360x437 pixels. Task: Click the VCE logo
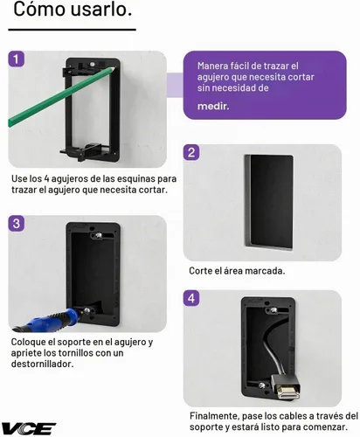29,428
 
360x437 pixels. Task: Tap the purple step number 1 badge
16,59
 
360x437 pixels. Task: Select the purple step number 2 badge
191,152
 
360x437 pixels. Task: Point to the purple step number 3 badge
17,224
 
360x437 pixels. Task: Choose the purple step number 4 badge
191,298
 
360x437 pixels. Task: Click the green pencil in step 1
62,96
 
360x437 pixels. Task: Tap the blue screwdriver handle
50,320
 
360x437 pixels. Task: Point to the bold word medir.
213,107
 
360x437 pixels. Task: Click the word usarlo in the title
101,9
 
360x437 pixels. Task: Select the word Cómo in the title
39,9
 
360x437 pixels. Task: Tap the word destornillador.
43,364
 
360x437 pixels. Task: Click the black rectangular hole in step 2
269,203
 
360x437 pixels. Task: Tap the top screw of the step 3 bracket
98,235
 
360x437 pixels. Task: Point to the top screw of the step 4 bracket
273,310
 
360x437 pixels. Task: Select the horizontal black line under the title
72,30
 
